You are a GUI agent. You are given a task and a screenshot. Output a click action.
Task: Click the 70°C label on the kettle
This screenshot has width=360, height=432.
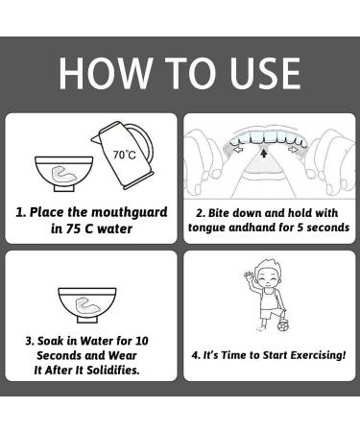tap(124, 155)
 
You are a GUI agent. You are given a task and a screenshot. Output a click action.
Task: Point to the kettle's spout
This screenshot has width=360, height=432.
tap(95, 138)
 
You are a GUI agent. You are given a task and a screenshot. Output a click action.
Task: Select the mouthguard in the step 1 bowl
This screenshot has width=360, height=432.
tap(63, 173)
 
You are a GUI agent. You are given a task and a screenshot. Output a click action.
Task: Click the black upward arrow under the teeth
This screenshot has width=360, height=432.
tap(264, 154)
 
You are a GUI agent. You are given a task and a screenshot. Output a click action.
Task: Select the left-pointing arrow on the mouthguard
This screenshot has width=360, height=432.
tap(239, 149)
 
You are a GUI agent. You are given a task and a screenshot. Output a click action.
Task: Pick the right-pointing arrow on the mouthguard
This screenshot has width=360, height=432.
tap(292, 149)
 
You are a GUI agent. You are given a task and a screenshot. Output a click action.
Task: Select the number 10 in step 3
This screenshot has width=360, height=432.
tap(141, 341)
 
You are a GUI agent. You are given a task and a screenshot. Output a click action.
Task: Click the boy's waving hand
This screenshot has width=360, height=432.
tap(249, 276)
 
